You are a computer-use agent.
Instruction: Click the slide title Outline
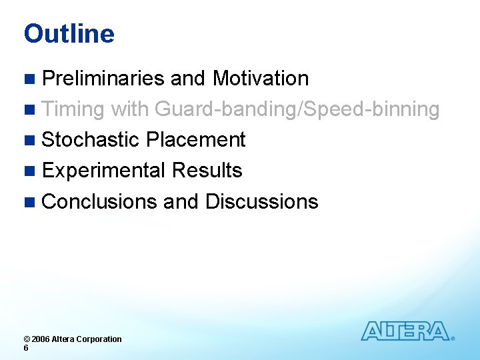pyautogui.click(x=69, y=34)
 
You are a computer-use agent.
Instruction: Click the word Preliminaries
pyautogui.click(x=103, y=79)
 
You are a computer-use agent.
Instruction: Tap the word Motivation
pyautogui.click(x=260, y=79)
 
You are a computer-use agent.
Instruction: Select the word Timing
pyautogui.click(x=73, y=109)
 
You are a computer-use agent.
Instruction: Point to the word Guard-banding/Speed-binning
pyautogui.click(x=297, y=109)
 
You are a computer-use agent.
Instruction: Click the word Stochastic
pyautogui.click(x=91, y=140)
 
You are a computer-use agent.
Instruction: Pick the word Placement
pyautogui.click(x=196, y=140)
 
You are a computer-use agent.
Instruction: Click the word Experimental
pyautogui.click(x=103, y=171)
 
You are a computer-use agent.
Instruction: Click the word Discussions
pyautogui.click(x=261, y=201)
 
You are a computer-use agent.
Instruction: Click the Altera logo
pyautogui.click(x=407, y=331)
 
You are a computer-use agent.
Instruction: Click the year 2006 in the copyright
pyautogui.click(x=40, y=339)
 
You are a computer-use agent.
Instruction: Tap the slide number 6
pyautogui.click(x=26, y=348)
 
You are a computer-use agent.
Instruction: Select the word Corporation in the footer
pyautogui.click(x=99, y=339)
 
